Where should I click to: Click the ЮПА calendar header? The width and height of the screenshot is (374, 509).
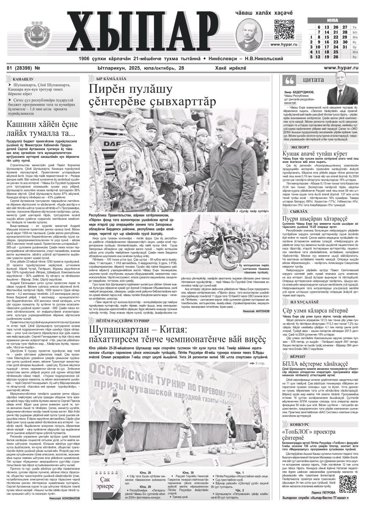332,20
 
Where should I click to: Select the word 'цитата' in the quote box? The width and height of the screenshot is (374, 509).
313,81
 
